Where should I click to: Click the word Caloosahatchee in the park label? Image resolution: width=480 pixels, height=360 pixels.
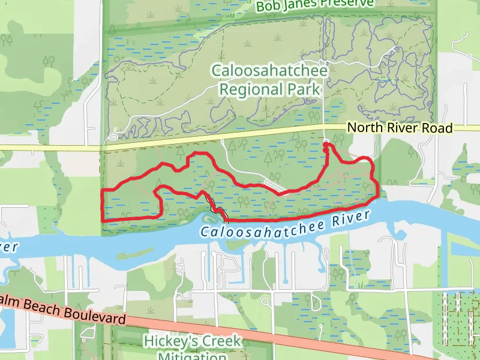tap(269, 71)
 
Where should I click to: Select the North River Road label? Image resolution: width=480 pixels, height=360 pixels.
tap(400, 128)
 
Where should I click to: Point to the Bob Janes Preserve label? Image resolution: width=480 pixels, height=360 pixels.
tap(314, 5)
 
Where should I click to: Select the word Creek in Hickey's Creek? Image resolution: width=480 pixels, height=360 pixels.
tap(221, 341)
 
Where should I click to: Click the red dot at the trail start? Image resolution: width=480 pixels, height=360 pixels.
tap(326, 145)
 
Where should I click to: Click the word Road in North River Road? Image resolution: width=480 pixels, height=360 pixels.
tap(437, 128)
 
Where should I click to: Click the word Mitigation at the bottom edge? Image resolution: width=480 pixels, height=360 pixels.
tap(191, 356)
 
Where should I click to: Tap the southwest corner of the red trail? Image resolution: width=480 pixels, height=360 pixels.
tap(103, 220)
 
